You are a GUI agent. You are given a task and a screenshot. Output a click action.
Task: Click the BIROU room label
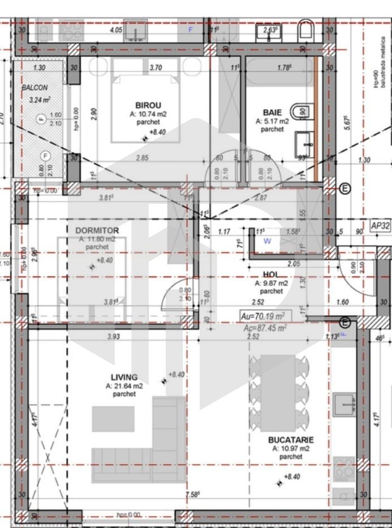[148, 105]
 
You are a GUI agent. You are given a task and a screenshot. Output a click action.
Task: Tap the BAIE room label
[272, 112]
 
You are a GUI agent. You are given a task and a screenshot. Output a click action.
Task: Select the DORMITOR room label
[97, 230]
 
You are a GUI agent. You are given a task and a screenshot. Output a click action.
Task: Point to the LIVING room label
[124, 377]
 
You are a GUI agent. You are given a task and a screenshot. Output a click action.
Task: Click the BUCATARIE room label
[291, 439]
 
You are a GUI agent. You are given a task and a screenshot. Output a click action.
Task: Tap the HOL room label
[272, 274]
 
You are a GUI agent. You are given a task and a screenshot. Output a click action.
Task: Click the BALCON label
[35, 88]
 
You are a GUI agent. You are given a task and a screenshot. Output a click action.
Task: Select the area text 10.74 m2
[148, 113]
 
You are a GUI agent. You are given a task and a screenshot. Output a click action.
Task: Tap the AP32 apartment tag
[380, 225]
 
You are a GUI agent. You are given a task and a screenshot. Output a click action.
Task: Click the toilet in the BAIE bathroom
[302, 111]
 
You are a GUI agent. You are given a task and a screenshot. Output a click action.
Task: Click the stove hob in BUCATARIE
[344, 468]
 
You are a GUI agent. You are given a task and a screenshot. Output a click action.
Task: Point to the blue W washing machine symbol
[267, 241]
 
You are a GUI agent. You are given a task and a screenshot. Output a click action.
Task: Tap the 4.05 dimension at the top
[116, 29]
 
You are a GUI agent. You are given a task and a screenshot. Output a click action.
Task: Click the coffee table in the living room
[113, 419]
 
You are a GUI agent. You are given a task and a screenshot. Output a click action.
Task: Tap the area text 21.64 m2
[124, 386]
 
